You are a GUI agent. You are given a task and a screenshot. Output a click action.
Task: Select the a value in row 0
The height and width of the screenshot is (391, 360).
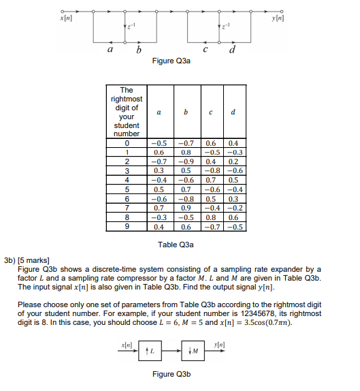tap(159, 144)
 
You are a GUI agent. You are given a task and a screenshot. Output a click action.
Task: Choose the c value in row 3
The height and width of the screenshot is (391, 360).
tap(212, 171)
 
